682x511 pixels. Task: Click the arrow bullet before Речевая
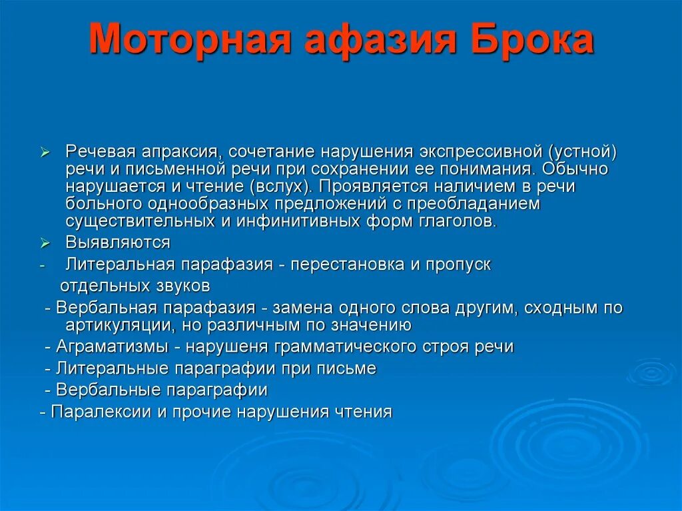click(x=45, y=153)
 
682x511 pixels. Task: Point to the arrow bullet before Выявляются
click(x=45, y=243)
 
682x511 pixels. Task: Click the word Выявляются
click(x=117, y=242)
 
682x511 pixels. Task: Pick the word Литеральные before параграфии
click(x=113, y=368)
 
